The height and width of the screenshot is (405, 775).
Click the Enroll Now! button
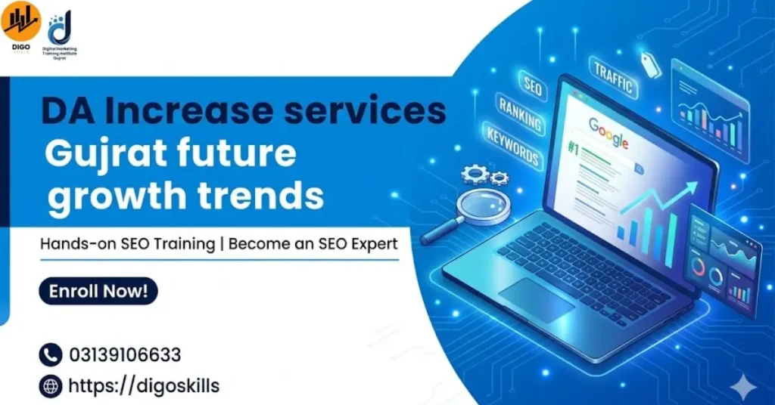pyautogui.click(x=98, y=291)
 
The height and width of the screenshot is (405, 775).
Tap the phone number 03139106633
pyautogui.click(x=125, y=354)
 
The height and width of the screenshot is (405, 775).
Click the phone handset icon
pyautogui.click(x=50, y=354)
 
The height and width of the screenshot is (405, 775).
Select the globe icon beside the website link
pyautogui.click(x=50, y=387)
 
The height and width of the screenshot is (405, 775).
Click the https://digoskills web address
pyautogui.click(x=144, y=386)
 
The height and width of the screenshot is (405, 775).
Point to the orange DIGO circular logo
pyautogui.click(x=20, y=20)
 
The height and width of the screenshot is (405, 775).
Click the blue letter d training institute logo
pyautogui.click(x=60, y=29)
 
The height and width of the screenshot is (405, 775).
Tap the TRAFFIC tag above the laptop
pyautogui.click(x=612, y=79)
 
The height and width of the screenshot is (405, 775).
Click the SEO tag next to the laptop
pyautogui.click(x=533, y=88)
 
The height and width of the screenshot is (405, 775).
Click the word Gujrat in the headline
pyautogui.click(x=95, y=155)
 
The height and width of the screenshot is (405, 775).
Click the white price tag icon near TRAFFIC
pyautogui.click(x=650, y=63)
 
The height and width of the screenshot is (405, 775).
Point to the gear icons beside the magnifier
pyautogui.click(x=484, y=177)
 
